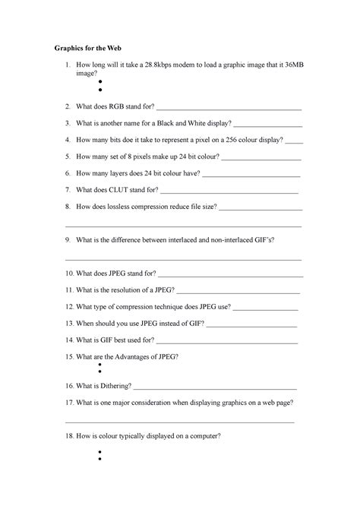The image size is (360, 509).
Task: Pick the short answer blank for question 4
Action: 294,141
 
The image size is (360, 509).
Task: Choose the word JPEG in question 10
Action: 124,272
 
